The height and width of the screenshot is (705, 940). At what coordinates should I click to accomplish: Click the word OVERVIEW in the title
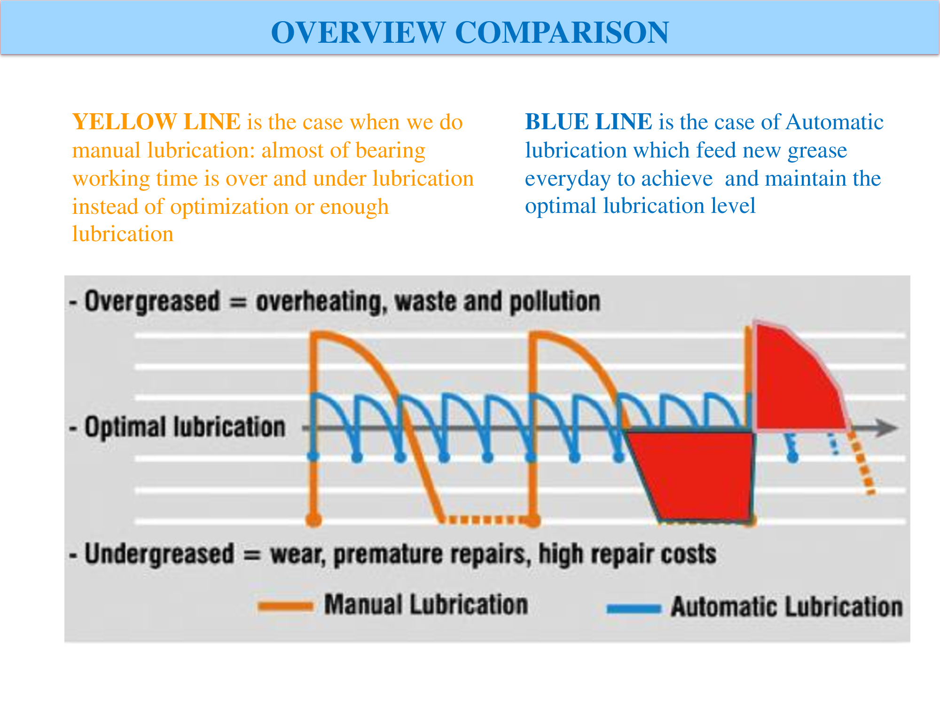[x=358, y=32]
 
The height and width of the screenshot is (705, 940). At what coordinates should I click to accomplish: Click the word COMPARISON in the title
[x=562, y=32]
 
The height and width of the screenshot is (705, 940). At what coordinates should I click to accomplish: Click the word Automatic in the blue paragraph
[x=834, y=122]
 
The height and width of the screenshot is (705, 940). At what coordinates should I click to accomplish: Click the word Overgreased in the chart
[x=152, y=302]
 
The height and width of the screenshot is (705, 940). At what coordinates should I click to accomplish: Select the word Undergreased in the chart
[x=159, y=554]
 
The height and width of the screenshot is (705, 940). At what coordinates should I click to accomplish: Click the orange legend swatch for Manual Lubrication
[x=285, y=606]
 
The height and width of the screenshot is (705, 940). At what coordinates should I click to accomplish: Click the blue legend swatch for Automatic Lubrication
[x=634, y=609]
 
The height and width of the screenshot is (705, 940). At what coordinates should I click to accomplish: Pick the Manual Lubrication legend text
[x=426, y=604]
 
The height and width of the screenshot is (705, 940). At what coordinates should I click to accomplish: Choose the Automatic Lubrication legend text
[x=787, y=607]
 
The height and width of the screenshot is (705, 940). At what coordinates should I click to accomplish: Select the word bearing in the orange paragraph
[x=390, y=151]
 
